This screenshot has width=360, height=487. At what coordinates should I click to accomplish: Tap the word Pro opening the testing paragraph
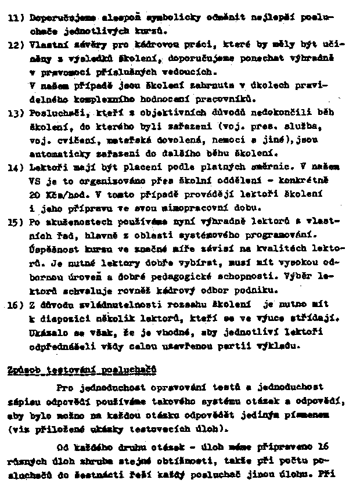click(x=65, y=387)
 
